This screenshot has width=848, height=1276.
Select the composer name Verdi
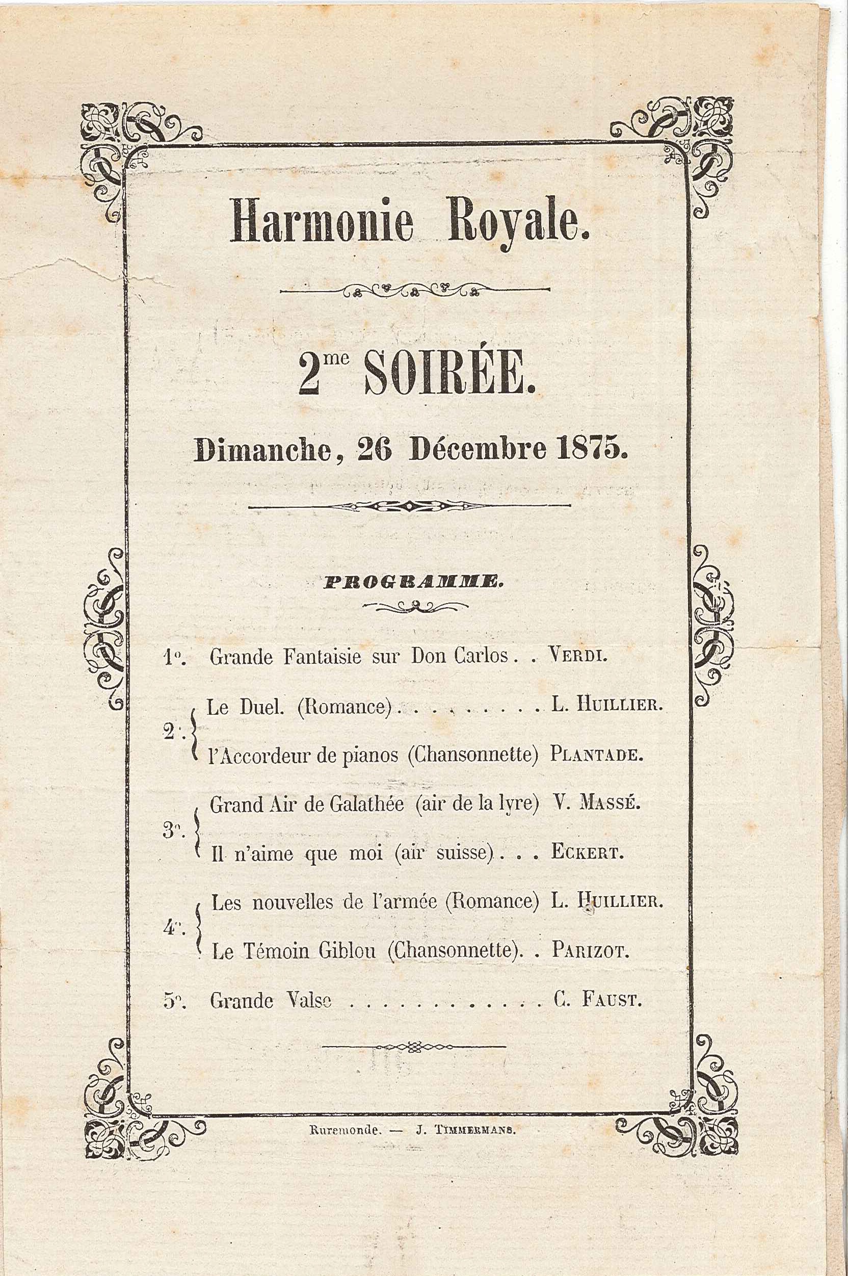[577, 656]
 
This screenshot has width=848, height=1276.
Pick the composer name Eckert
[587, 853]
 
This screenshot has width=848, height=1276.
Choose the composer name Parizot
[591, 951]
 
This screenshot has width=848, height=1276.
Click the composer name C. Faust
[598, 1000]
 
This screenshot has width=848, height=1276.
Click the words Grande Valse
[271, 1001]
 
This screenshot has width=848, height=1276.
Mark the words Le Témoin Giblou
[294, 951]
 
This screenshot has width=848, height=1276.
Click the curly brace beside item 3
[197, 829]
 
